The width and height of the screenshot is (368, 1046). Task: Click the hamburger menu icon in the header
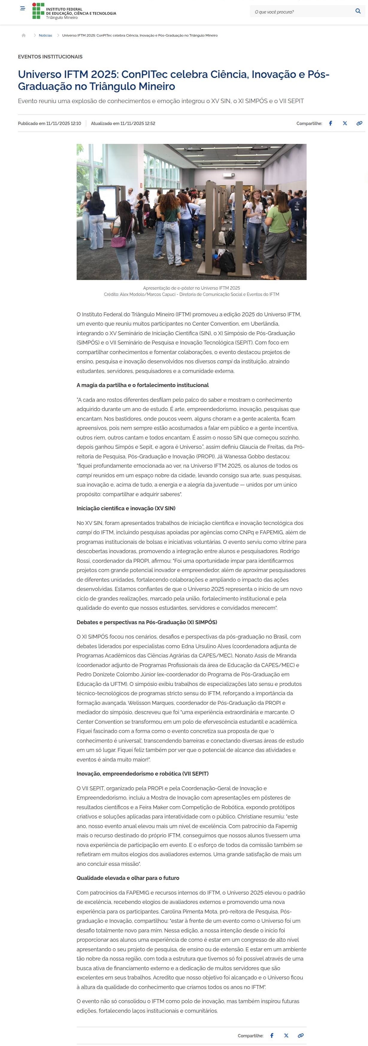click(23, 8)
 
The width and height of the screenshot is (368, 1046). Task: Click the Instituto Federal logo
click(74, 11)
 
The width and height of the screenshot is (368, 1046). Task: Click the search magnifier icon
click(358, 11)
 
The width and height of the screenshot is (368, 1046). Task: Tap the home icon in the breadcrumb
click(24, 35)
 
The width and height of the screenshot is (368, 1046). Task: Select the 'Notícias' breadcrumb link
click(46, 35)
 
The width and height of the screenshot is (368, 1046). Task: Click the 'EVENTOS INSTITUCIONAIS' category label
click(50, 57)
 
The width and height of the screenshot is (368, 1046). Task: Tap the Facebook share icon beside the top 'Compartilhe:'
click(331, 124)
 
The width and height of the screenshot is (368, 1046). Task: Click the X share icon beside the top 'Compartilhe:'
click(345, 124)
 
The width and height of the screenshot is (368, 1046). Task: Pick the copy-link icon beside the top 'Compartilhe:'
click(359, 124)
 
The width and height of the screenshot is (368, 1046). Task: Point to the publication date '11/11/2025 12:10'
click(64, 124)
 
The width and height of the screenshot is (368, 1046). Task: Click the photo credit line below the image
click(191, 294)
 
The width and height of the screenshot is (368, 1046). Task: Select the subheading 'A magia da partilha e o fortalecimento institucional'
click(143, 385)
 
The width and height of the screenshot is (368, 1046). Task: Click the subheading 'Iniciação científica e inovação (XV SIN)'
click(126, 508)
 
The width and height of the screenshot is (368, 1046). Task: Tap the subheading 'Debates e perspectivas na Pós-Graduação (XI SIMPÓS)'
click(146, 622)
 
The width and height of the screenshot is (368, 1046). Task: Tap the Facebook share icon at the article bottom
click(272, 1036)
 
